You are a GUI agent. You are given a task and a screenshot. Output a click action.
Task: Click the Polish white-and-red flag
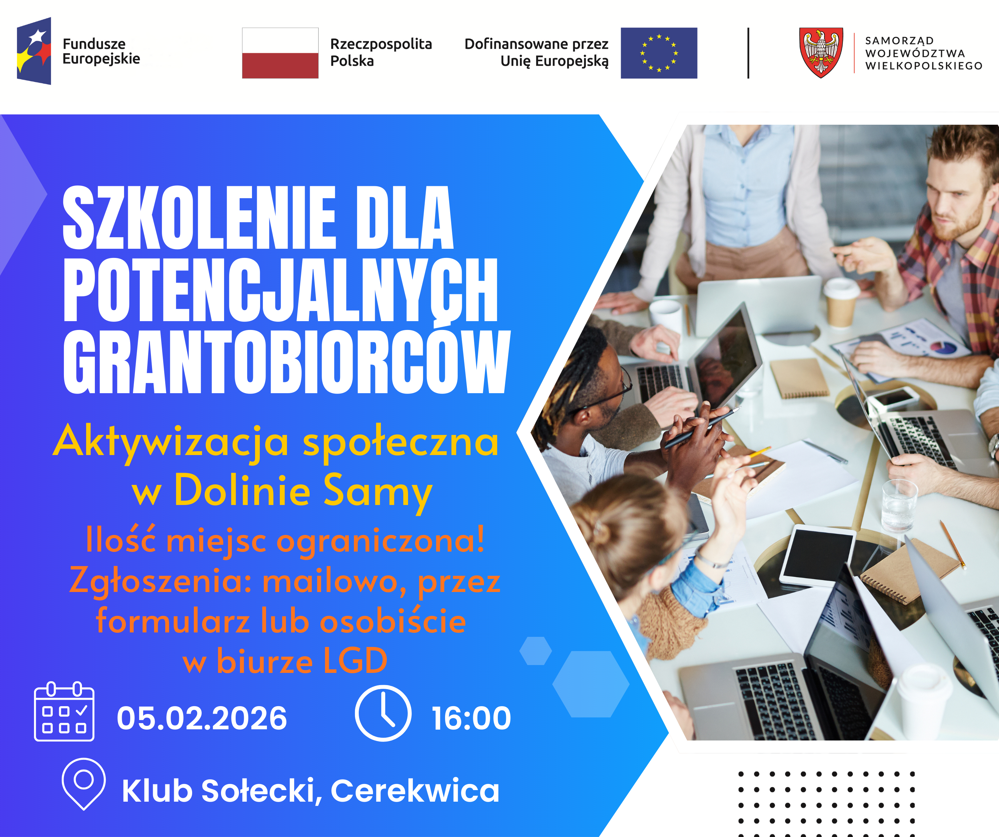pyautogui.click(x=280, y=53)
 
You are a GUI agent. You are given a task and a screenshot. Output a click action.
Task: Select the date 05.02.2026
pyautogui.click(x=202, y=718)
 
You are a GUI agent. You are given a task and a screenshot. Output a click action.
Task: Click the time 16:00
pyautogui.click(x=471, y=718)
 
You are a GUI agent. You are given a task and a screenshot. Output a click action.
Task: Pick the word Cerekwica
pyautogui.click(x=415, y=791)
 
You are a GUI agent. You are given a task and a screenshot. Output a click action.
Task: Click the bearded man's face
pyautogui.click(x=956, y=200)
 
